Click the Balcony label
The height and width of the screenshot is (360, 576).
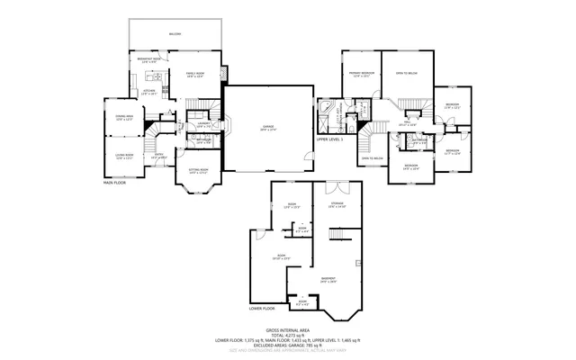tap(174, 34)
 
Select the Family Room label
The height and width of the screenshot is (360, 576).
tap(195, 76)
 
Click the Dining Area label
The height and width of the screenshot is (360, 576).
tap(123, 118)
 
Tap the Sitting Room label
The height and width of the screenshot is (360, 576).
tap(198, 172)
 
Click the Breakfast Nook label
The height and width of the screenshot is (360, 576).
tap(149, 60)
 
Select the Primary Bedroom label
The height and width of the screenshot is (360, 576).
tap(361, 76)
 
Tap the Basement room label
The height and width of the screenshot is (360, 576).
tap(328, 280)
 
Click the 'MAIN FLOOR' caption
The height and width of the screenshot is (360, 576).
tap(115, 183)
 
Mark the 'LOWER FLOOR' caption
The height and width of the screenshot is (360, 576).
tap(261, 309)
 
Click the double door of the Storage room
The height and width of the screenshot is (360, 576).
tap(337, 188)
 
